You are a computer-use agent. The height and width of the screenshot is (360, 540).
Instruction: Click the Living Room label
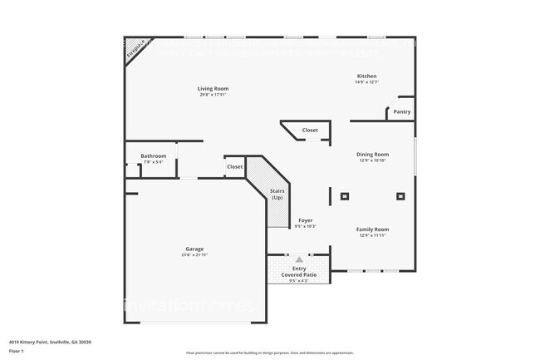(x=213, y=88)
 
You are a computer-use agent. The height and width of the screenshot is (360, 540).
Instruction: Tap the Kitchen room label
(x=366, y=76)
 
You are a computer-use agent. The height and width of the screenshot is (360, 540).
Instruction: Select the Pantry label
(x=402, y=111)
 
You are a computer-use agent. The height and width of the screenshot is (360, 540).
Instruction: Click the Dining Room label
(x=372, y=154)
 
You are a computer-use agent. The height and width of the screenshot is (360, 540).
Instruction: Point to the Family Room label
(x=372, y=229)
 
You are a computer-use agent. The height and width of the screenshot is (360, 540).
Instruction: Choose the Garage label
(x=195, y=249)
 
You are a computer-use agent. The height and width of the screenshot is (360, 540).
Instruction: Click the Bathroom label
(x=154, y=155)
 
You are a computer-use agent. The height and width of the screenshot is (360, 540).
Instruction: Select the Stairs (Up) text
(x=277, y=194)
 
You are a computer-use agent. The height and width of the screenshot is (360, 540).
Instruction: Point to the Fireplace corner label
(x=136, y=50)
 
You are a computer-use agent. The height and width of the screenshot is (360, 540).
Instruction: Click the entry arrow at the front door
(x=299, y=259)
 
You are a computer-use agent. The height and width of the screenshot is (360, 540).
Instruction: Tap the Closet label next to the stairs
(x=235, y=166)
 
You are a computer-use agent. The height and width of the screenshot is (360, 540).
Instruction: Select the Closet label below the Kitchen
(x=310, y=130)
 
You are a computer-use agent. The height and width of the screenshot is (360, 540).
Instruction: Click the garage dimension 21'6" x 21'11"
(x=195, y=254)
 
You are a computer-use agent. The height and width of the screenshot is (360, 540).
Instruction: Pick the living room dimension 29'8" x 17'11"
(x=213, y=95)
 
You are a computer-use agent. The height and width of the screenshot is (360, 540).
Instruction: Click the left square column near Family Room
(x=345, y=197)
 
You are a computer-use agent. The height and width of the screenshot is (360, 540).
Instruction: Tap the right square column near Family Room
(x=400, y=197)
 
